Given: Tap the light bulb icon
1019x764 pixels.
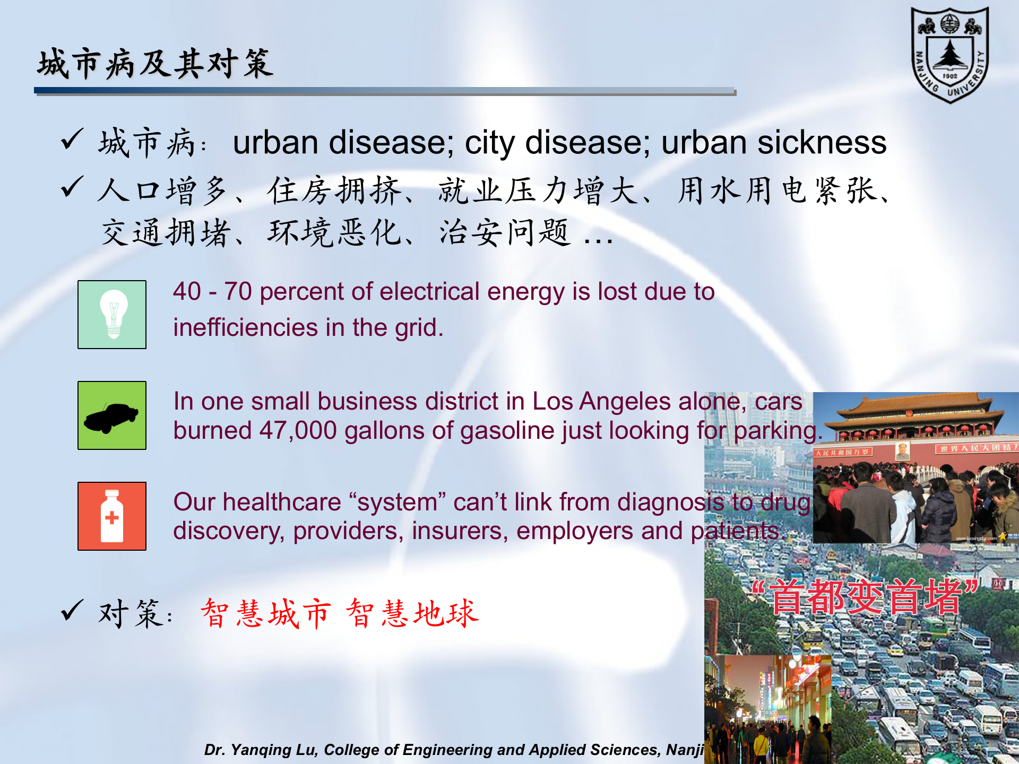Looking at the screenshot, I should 112,315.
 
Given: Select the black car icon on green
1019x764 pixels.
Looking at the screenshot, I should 112,415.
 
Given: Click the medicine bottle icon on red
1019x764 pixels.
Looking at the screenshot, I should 112,516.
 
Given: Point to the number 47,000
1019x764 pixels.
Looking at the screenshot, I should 298,430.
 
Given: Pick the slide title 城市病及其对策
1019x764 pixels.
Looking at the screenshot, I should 155,64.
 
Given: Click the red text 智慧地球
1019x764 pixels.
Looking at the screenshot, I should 413,614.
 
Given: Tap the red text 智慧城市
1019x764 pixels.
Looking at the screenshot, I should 266,614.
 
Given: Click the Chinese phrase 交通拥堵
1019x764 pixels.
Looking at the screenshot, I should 166,233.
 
